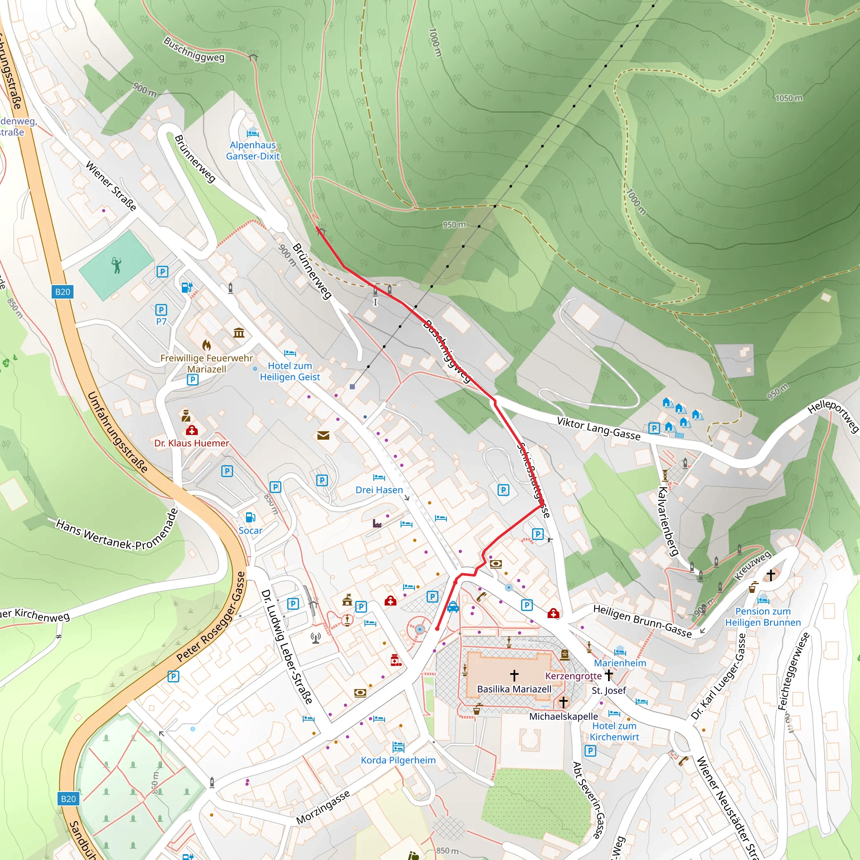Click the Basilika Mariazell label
point(514,689)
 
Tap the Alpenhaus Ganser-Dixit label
point(252,150)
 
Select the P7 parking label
point(161,321)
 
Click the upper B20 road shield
point(63,292)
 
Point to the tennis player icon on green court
point(116,265)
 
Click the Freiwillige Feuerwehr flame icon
point(206,345)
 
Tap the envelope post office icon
point(323,435)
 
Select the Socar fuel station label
point(250,531)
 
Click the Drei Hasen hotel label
point(379,490)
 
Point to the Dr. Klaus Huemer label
point(191,443)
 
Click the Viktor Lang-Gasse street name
point(598,429)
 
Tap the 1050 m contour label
point(789,98)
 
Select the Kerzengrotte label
point(573,676)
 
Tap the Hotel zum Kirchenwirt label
point(614,732)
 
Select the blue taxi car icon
point(453,607)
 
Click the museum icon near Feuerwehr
point(239,333)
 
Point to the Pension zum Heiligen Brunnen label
point(763,616)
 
